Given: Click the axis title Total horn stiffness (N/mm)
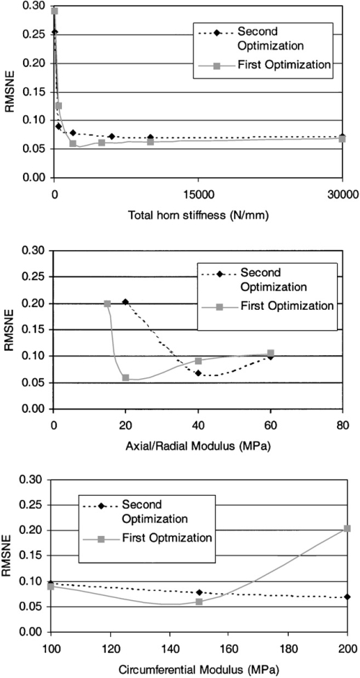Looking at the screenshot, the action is click(x=199, y=215).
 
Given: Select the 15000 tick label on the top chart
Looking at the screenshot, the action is click(x=198, y=193).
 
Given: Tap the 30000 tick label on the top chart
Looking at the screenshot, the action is click(x=342, y=193).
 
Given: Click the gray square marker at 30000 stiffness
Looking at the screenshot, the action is click(x=342, y=139).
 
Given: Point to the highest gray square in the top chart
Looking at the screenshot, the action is click(x=55, y=11).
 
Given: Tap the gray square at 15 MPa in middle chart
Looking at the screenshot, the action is click(x=107, y=303).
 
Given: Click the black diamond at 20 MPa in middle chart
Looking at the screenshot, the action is click(x=125, y=302).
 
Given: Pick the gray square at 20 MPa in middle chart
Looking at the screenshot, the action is click(x=125, y=378).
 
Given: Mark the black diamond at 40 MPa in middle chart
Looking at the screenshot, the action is click(x=199, y=373).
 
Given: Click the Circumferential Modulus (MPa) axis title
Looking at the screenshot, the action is click(x=199, y=670).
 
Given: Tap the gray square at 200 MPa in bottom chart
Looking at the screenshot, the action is click(x=347, y=528).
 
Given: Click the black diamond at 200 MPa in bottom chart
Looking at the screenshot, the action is click(x=347, y=597).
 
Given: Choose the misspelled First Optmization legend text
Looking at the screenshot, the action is click(x=167, y=538).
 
